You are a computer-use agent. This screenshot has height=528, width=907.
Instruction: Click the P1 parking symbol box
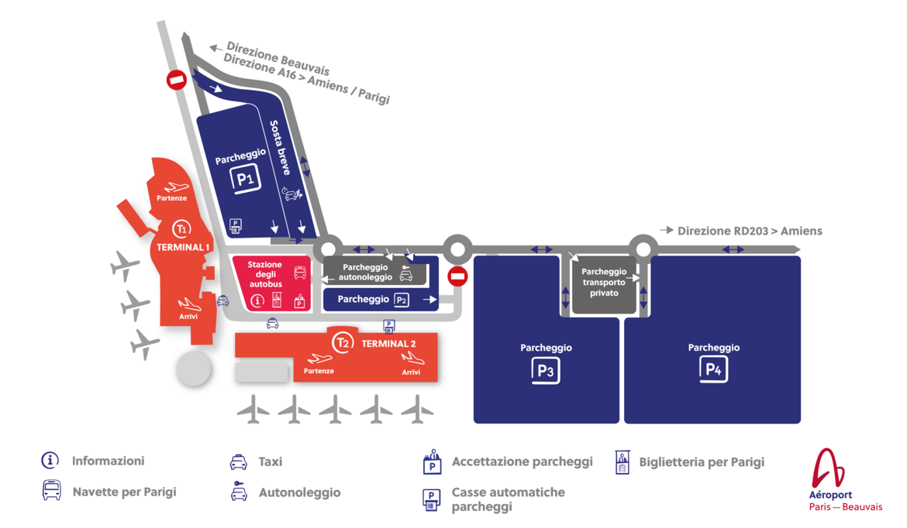pos(245,179)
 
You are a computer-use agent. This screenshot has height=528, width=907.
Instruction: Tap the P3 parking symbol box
pos(546,371)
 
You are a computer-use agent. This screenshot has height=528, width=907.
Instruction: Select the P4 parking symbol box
pos(713,370)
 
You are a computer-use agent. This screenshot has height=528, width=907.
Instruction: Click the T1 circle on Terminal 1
pos(181,229)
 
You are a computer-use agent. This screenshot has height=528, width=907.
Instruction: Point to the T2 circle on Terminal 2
pos(343,342)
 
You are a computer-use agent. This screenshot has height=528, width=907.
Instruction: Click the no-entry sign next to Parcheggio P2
pos(457,276)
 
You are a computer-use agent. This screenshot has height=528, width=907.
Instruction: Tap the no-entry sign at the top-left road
pos(177,80)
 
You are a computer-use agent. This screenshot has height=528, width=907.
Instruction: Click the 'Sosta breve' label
pos(280,147)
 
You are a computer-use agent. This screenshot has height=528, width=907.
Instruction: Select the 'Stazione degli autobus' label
pos(265,274)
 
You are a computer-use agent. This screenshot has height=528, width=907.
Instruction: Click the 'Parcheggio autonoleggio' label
pos(365,272)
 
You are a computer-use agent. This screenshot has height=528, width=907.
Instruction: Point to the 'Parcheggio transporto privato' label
pos(604,283)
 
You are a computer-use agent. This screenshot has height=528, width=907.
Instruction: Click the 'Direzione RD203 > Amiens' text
pos(750,231)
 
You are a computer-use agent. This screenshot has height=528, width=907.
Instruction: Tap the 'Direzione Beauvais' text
pos(278,58)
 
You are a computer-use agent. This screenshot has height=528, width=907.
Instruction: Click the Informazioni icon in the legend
pos(50,461)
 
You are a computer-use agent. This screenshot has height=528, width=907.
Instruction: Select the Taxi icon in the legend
pos(238,462)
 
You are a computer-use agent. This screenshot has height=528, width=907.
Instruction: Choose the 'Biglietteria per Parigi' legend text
pos(702,462)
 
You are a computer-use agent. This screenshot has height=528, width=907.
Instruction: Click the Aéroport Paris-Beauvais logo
pos(844,479)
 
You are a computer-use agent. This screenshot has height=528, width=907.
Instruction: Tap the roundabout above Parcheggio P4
pos(643,249)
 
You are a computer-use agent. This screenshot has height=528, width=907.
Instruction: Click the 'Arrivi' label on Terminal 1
pos(188,317)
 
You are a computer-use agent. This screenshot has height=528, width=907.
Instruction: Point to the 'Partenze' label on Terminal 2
pos(319,371)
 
